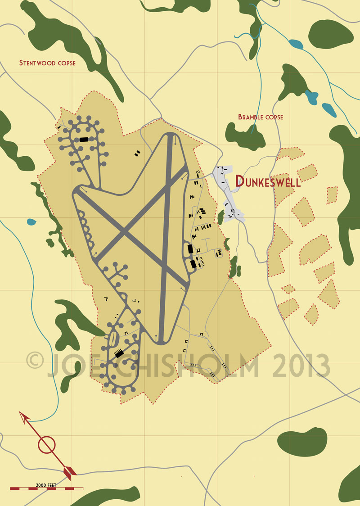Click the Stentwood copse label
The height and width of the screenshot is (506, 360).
47,63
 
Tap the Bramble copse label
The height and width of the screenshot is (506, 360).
261,117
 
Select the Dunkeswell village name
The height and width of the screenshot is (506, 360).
268,181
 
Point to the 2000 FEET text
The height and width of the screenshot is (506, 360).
46,485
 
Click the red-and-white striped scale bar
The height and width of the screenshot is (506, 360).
47,488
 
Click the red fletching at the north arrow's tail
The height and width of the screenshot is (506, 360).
69,471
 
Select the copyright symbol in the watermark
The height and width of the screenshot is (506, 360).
35,361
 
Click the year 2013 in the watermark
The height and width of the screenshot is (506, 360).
301,364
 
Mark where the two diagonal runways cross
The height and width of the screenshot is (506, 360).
125,231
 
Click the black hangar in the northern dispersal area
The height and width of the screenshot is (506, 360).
84,140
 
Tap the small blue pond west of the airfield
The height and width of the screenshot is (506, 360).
31,221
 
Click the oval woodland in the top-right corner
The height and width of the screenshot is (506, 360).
330,34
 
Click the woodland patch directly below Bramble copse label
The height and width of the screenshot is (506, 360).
245,135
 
